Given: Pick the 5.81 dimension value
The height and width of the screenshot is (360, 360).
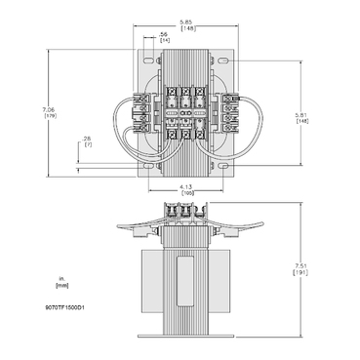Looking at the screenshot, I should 277,115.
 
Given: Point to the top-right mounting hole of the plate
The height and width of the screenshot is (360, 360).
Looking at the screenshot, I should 233,62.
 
